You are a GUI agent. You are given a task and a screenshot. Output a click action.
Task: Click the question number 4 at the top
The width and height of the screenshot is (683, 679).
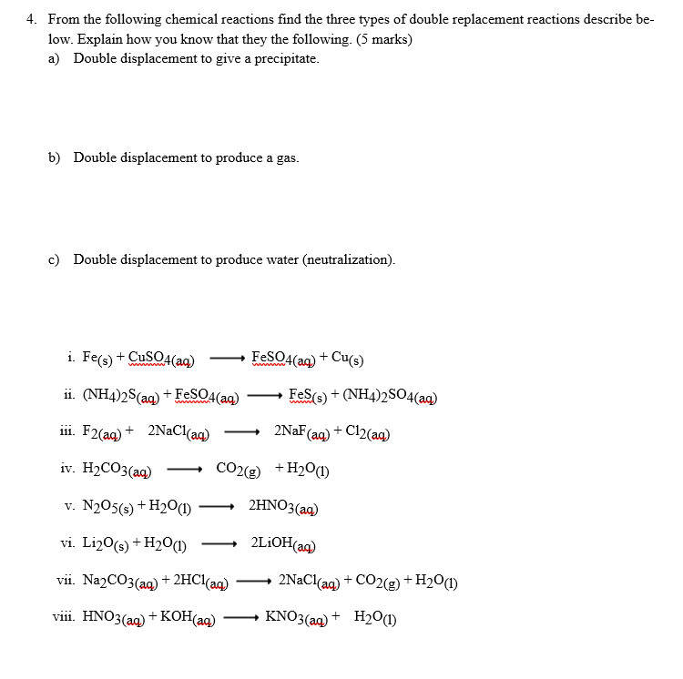30,19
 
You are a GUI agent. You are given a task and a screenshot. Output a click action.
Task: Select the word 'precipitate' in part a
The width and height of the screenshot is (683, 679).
283,59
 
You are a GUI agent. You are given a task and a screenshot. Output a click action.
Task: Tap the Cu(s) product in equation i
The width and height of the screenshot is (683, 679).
346,358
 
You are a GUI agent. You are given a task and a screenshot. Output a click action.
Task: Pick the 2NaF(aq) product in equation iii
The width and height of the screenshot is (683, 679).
301,432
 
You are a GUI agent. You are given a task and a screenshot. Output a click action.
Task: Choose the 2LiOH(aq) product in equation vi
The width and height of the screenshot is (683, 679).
283,544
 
